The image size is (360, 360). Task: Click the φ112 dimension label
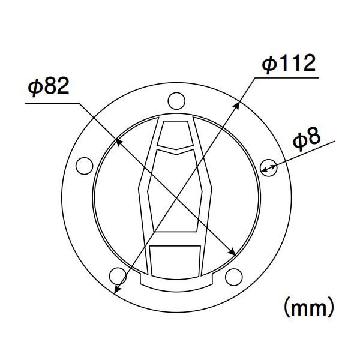pos(289,64)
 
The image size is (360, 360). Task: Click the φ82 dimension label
pos(49,86)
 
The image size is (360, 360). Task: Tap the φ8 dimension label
pos(307,140)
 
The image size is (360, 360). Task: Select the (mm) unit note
pos(309,307)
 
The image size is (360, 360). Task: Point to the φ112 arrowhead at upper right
pos(236,106)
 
